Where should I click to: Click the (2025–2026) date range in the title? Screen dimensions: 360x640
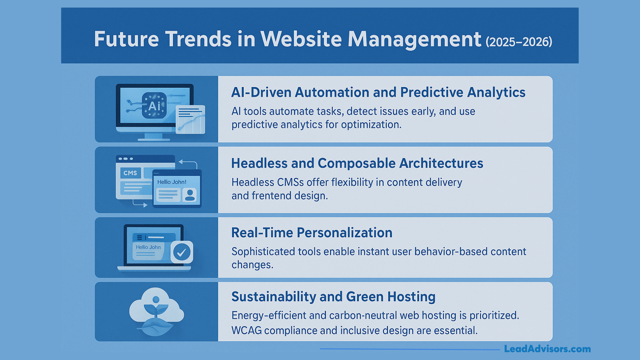[519, 42]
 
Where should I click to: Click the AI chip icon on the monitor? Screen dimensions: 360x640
[154, 106]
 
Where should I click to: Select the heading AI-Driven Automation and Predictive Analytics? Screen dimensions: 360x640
[378, 92]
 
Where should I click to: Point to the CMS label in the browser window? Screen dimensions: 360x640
[130, 173]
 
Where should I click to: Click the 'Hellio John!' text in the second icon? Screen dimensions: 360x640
[172, 182]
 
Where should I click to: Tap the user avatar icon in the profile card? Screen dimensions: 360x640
[190, 195]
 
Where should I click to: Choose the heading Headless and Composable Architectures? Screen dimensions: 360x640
[357, 163]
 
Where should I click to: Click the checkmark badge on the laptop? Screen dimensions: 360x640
[182, 252]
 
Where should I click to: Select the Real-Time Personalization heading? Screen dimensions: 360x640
[312, 233]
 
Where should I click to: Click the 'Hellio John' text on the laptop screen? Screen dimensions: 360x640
[148, 247]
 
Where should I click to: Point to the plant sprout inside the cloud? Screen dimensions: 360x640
[156, 308]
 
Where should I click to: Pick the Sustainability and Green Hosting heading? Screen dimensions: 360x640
[333, 297]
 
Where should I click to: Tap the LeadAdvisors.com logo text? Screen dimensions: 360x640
[547, 349]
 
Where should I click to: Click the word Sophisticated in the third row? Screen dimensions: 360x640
[263, 252]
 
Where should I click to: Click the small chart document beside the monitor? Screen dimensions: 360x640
[190, 119]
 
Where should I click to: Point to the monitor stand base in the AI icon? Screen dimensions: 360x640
[154, 139]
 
